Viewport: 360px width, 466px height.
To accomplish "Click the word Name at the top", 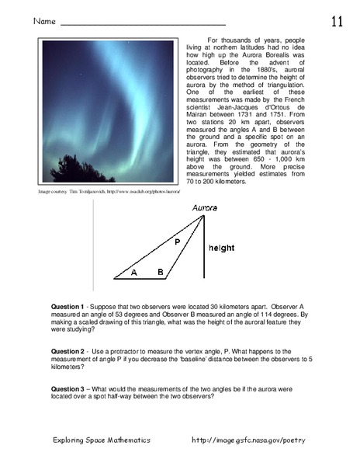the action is point(44,23).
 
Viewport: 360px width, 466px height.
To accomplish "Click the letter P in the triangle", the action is point(177,242).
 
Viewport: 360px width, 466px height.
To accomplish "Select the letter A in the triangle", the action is point(133,273).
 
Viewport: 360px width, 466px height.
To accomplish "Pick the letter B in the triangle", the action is point(160,273).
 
